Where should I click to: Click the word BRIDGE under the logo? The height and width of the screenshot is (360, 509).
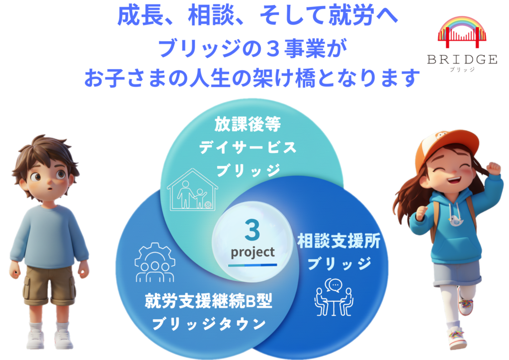[462, 59]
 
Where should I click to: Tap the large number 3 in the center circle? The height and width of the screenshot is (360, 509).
[252, 230]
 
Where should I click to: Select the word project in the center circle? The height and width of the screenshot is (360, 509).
[253, 252]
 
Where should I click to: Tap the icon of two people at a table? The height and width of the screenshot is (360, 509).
[334, 297]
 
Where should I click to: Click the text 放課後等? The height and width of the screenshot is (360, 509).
[248, 124]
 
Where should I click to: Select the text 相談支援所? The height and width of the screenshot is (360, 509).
[339, 241]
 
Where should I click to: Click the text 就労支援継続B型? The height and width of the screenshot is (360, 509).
[208, 301]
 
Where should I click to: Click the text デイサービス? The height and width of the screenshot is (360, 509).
[248, 148]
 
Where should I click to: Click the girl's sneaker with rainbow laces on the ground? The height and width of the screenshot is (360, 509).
[457, 338]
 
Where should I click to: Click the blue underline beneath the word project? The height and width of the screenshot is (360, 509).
[253, 265]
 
